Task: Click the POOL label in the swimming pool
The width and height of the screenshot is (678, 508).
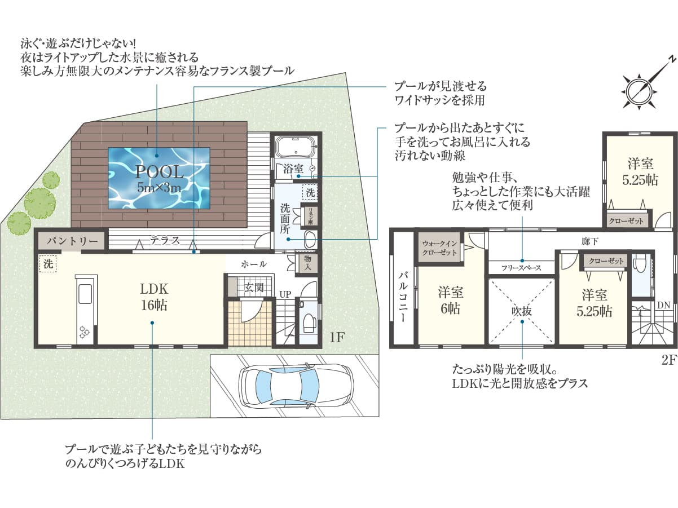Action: (160, 172)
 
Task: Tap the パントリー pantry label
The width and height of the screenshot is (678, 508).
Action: (72, 241)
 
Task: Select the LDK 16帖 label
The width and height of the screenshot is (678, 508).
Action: (154, 297)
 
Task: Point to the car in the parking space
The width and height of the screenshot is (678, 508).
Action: (297, 385)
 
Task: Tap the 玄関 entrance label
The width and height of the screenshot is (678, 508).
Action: (254, 288)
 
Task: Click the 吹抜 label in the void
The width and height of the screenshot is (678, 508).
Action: (522, 311)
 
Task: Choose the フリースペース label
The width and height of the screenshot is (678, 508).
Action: (521, 268)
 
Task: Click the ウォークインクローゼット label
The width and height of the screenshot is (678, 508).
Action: (439, 248)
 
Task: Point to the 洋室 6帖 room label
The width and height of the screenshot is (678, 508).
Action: (451, 301)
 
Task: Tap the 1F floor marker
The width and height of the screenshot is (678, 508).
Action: (337, 337)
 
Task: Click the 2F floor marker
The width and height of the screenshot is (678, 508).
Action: (670, 360)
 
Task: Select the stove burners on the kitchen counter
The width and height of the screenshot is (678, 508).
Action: (85, 332)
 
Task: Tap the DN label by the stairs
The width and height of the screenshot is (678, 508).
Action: (663, 305)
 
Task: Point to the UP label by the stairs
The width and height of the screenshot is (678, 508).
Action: (285, 294)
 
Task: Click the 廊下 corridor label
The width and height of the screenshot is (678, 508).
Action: (590, 241)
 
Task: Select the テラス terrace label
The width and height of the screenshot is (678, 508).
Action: (165, 240)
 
